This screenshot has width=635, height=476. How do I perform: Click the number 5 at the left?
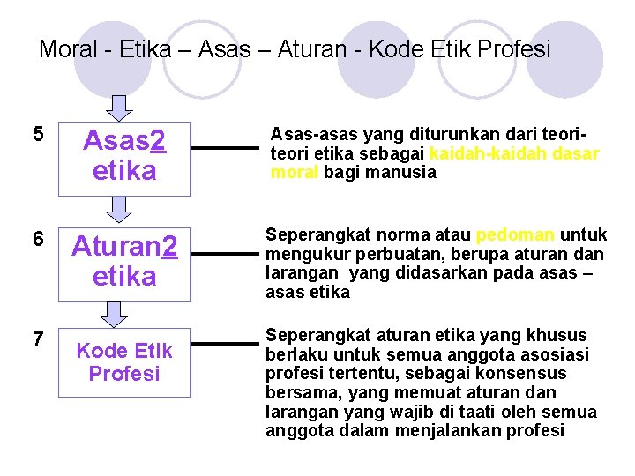tap(37, 135)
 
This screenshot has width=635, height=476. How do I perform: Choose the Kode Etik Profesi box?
tap(124, 361)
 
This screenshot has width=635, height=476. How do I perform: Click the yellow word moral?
tap(295, 172)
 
